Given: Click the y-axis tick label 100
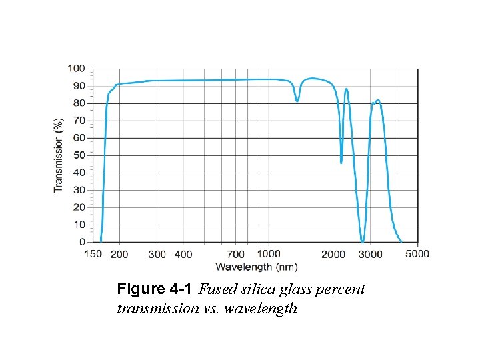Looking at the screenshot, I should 76,68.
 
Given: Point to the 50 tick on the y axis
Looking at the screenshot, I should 79,155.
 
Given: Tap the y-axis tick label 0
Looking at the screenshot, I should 82,242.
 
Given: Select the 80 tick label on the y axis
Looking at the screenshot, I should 79,103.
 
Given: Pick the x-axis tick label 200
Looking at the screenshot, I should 119,254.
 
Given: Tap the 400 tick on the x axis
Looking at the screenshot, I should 183,254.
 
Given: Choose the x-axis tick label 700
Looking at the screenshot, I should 236,254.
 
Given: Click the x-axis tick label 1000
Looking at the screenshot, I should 269,254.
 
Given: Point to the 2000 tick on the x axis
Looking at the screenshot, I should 333,254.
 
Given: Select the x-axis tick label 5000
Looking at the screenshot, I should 418,254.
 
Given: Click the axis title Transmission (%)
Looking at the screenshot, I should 59,155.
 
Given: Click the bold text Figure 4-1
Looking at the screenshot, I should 155,289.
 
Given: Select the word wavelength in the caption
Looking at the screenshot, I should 263,309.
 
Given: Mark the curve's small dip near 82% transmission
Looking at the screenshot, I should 297,101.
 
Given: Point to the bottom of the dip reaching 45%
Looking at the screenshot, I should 341,163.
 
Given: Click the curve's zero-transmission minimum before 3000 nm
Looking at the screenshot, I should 362,241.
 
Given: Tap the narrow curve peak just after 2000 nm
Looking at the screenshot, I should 347,89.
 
